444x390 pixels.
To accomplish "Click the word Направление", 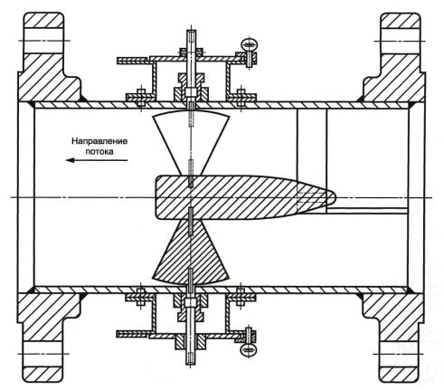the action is coord(99,141).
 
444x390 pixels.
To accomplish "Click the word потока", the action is coord(99,151).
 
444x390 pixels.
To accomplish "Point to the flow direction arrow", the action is coord(97,160).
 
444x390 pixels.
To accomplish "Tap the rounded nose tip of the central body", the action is coord(335,197).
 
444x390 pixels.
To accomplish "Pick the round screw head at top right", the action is coord(250,44).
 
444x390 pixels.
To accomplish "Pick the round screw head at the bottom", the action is coord(249,350).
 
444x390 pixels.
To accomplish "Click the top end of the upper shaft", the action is coord(191,31).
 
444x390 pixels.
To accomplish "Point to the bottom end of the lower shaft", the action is coord(191,364).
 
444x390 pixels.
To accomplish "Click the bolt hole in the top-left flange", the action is coord(43,41).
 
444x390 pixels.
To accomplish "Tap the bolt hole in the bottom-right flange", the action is coord(400,354).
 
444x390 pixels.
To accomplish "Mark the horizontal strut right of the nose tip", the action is coord(368,210).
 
